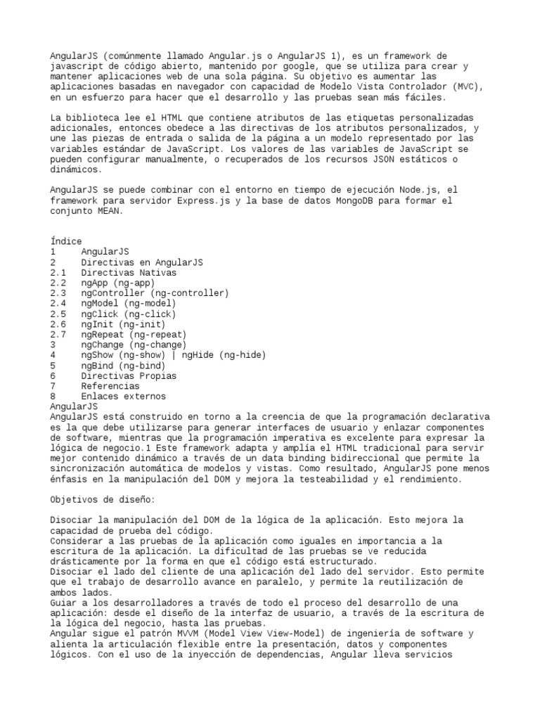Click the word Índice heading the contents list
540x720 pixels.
point(66,241)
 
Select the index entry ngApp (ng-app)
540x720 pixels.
point(118,283)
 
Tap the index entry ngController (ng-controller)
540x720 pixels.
point(155,293)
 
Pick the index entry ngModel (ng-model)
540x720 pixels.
point(129,304)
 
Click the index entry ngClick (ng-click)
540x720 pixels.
point(129,314)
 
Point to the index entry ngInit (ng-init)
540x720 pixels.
point(124,324)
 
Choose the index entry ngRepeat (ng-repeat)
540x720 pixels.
point(134,335)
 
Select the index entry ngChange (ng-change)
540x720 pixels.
point(134,345)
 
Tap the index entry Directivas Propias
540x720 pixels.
point(129,375)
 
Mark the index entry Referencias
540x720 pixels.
point(110,386)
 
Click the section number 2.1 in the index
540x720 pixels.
point(58,272)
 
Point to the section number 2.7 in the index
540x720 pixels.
point(58,335)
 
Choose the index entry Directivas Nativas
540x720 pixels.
point(129,272)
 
